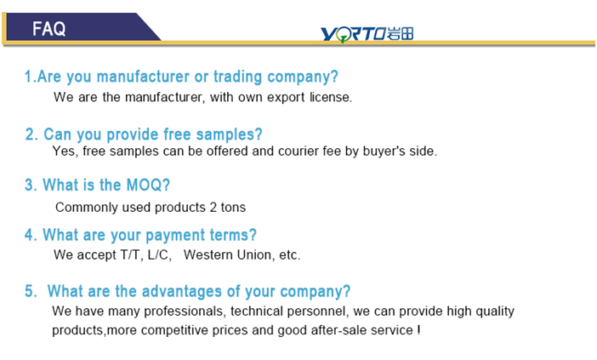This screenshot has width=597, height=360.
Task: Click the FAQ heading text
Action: coord(48,29)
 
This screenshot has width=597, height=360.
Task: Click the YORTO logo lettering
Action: coord(353,34)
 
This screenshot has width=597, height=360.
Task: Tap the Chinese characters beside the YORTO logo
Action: coord(401,33)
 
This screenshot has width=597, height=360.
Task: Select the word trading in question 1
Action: coord(237,77)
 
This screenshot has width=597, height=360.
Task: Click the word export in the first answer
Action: coord(286,98)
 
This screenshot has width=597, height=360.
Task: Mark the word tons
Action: coord(233,208)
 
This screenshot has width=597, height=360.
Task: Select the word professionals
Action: coord(185,311)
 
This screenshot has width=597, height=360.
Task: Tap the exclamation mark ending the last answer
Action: coord(418,330)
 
